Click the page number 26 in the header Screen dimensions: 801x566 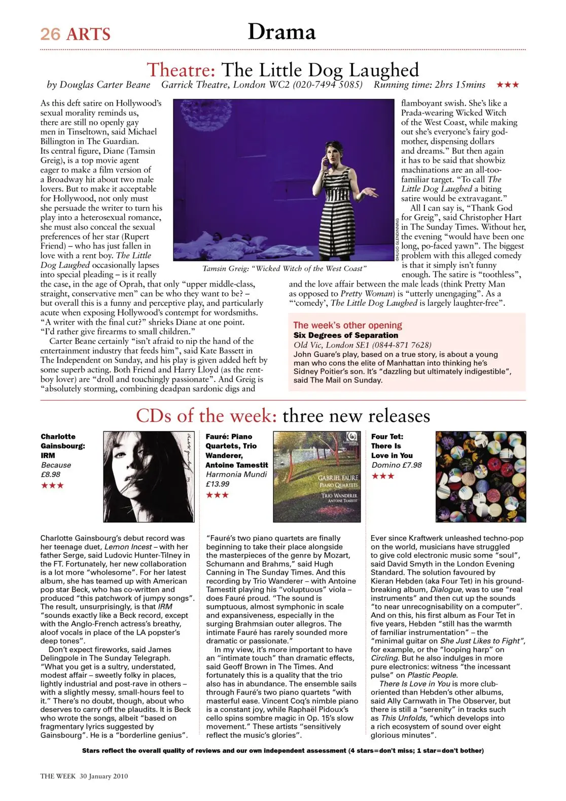pyautogui.click(x=50, y=34)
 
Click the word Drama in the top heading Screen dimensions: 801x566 pyautogui.click(x=281, y=32)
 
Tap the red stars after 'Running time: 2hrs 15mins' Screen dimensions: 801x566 pyautogui.click(x=508, y=85)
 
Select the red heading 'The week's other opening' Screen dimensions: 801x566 pyautogui.click(x=347, y=325)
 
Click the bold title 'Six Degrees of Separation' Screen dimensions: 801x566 pyautogui.click(x=346, y=335)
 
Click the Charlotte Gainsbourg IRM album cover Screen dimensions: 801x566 pyautogui.click(x=149, y=476)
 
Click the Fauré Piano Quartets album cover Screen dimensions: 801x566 pyautogui.click(x=316, y=476)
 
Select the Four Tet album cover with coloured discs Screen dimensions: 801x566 pyautogui.click(x=480, y=476)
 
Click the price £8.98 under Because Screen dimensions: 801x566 pyautogui.click(x=51, y=474)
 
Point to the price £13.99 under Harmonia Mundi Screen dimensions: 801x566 pyautogui.click(x=218, y=484)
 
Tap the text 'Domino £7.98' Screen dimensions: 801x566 pyautogui.click(x=396, y=465)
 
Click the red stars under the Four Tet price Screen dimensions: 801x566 pyautogui.click(x=383, y=476)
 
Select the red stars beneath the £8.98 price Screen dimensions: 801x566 pyautogui.click(x=52, y=485)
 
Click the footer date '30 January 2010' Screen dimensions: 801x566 pyautogui.click(x=103, y=776)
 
